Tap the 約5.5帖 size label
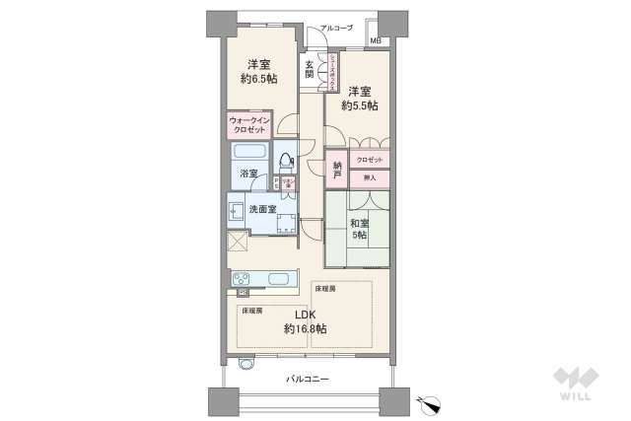pos(359,105)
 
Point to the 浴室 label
pos(249,174)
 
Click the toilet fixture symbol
pos(287,157)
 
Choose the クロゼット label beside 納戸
pos(370,159)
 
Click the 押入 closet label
pos(370,177)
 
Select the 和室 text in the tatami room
pos(361,222)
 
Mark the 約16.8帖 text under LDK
pos(306,328)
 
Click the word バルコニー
pos(308,380)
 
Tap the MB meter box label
pos(376,40)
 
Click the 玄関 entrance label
pos(309,70)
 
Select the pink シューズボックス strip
pos(333,70)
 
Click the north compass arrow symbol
pos(430,401)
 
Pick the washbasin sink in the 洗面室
pos(237,210)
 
